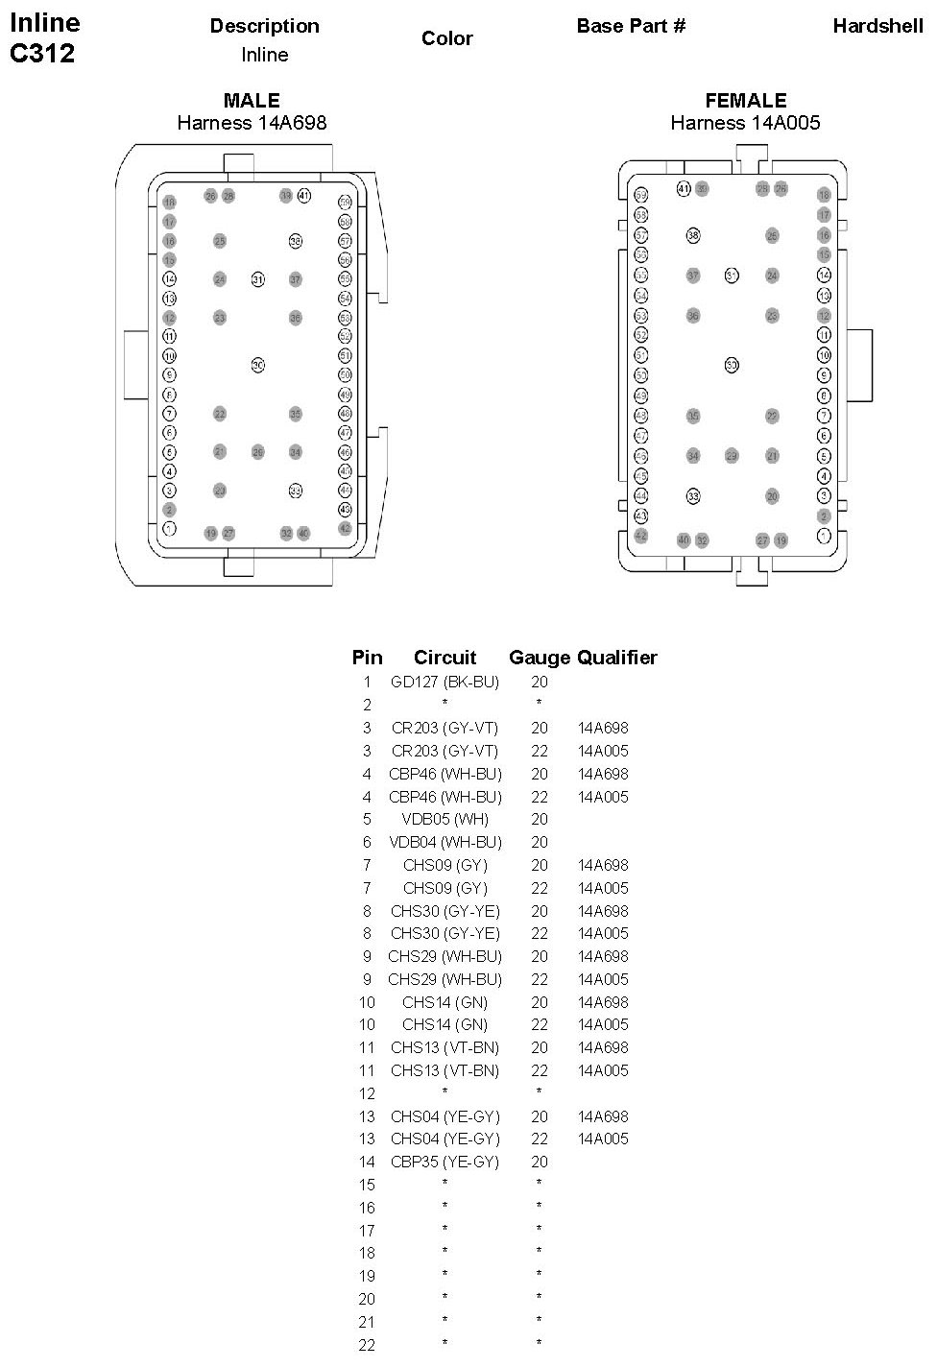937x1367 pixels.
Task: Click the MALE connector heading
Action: coord(252,101)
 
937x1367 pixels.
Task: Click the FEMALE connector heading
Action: coord(745,101)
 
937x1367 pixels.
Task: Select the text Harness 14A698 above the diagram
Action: coord(252,123)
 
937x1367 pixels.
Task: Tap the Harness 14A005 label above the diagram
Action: coord(745,123)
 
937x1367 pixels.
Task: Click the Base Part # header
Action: coord(631,26)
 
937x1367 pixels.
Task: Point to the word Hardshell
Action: coord(877,26)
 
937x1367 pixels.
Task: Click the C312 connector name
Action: coord(42,54)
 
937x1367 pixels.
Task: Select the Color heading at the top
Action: coord(447,38)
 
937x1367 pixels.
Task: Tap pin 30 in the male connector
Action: coord(257,365)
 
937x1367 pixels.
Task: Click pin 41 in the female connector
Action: coord(684,189)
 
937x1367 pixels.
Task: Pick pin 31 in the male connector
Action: coord(257,279)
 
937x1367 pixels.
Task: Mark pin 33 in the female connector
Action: coord(693,496)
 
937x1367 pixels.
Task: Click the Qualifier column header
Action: coord(617,658)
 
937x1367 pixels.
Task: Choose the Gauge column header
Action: coord(540,658)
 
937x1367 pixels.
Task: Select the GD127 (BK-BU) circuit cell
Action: coord(444,683)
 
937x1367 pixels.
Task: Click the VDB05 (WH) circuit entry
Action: coord(444,820)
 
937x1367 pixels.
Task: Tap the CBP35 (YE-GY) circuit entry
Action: coord(444,1163)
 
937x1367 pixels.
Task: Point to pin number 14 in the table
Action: coord(367,1163)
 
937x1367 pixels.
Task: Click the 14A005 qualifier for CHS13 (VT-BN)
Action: coord(603,1071)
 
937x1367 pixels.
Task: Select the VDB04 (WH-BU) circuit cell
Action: coord(444,843)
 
